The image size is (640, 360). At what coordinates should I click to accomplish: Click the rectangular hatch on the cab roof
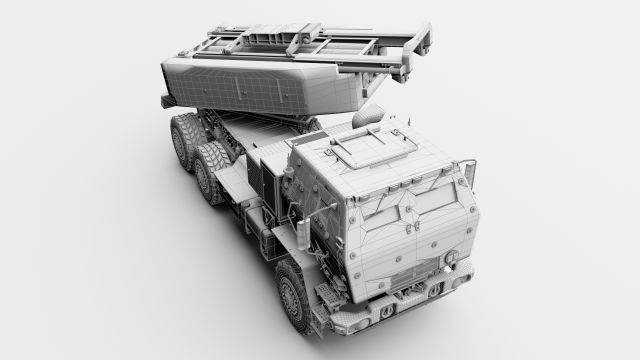(x=361, y=147)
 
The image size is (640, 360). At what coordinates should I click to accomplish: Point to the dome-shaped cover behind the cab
(x=368, y=115)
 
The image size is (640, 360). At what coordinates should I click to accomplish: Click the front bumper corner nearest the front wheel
(x=330, y=325)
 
